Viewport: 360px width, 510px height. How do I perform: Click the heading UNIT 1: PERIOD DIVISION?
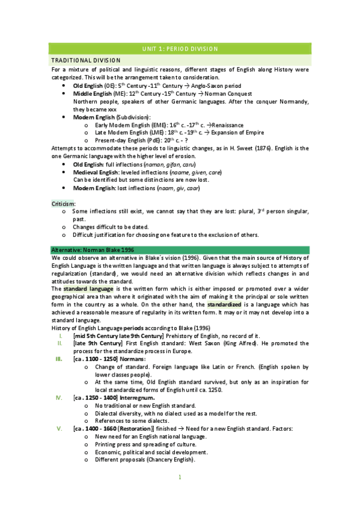(180, 48)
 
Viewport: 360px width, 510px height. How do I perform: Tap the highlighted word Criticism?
(63, 204)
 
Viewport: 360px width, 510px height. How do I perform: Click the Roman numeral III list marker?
(58, 359)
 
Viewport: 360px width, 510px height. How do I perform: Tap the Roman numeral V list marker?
(59, 429)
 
